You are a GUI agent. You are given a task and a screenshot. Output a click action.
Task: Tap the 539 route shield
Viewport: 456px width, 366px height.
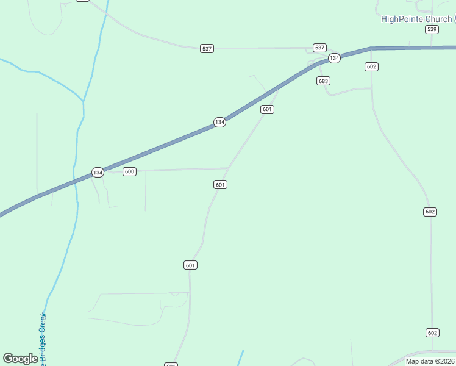432,29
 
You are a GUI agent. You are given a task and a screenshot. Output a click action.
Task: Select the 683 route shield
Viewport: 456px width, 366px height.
323,81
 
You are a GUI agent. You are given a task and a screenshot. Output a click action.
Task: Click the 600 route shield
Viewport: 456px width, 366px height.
129,171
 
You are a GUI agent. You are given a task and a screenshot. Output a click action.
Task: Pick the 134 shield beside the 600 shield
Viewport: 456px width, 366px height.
98,173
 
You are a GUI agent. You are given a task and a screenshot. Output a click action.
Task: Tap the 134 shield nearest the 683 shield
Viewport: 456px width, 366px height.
333,58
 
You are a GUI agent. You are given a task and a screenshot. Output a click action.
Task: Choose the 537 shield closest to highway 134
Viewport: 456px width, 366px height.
319,48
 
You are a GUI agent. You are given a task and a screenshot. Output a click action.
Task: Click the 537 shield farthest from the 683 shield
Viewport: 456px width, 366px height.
207,48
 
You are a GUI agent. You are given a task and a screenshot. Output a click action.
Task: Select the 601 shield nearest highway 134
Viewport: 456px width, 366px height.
267,109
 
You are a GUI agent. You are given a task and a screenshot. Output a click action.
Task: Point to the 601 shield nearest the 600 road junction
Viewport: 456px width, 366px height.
221,184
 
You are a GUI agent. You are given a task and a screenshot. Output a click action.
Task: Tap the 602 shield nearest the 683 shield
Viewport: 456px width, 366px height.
372,66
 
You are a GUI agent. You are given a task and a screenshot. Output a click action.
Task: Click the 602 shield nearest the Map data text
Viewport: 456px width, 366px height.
432,332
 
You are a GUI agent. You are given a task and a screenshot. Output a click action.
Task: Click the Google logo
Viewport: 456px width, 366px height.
20,359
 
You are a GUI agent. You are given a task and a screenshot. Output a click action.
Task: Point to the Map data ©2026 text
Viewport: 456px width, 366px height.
430,361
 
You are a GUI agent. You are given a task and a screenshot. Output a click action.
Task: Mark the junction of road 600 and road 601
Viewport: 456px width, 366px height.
228,168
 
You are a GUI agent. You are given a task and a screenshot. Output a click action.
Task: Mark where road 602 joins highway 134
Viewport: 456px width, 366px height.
371,48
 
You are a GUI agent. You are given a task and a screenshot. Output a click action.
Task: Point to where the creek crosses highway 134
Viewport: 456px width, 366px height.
74,181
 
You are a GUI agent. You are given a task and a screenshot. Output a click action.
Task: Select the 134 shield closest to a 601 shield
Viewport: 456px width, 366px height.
219,123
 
